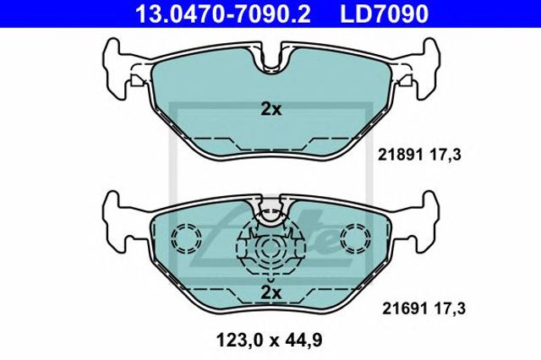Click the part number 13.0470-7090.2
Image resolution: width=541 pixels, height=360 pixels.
[223, 14]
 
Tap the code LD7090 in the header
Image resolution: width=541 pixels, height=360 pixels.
[385, 14]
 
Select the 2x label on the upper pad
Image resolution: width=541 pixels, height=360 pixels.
[270, 110]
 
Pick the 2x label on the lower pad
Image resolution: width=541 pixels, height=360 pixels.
[270, 293]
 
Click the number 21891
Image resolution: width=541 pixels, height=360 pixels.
[400, 155]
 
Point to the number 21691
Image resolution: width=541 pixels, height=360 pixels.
[405, 308]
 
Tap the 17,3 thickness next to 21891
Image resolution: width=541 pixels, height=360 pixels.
[445, 155]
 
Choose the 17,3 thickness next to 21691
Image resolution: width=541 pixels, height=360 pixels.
[450, 308]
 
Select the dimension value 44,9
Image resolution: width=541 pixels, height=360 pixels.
[303, 341]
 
